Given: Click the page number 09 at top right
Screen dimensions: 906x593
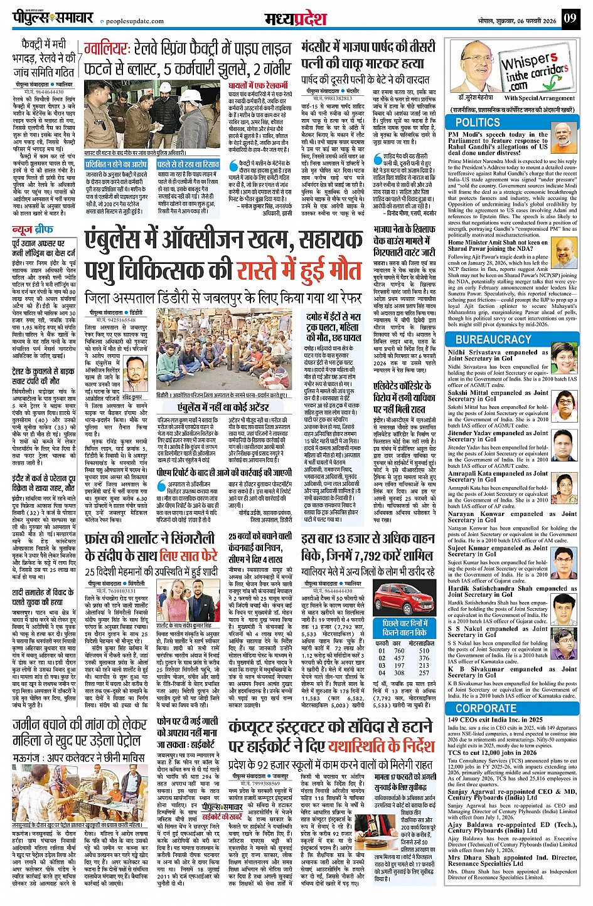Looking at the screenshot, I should click(569, 18).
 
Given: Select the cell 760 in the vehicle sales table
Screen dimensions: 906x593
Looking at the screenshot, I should click(399, 651).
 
